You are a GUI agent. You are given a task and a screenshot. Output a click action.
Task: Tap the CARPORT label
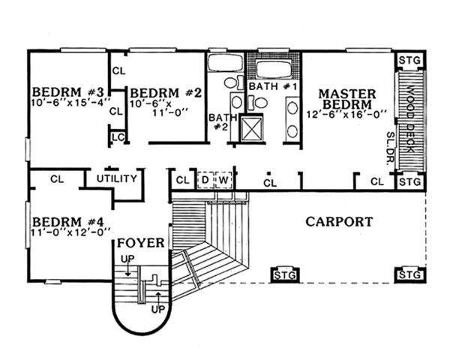pyautogui.click(x=340, y=222)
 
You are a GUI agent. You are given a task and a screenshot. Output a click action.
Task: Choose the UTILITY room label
pyautogui.click(x=117, y=178)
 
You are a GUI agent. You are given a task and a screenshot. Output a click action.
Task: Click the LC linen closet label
pyautogui.click(x=117, y=137)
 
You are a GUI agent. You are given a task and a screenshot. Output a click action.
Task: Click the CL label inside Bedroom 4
pyautogui.click(x=57, y=179)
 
